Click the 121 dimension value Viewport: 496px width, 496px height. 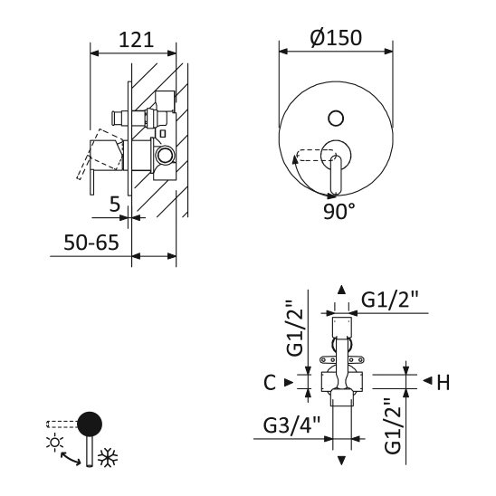(x=136, y=40)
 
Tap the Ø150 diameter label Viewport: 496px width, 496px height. (x=336, y=38)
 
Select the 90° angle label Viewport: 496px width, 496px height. (x=339, y=211)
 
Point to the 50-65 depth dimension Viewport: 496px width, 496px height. (x=91, y=243)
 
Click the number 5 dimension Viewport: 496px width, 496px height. (x=115, y=205)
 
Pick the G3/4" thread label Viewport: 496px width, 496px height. (x=291, y=424)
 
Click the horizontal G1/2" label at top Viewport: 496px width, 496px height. (x=390, y=300)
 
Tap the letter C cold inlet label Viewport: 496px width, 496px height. (x=270, y=383)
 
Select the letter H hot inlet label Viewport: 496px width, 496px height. (x=444, y=383)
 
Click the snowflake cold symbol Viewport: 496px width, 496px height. (x=108, y=457)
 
